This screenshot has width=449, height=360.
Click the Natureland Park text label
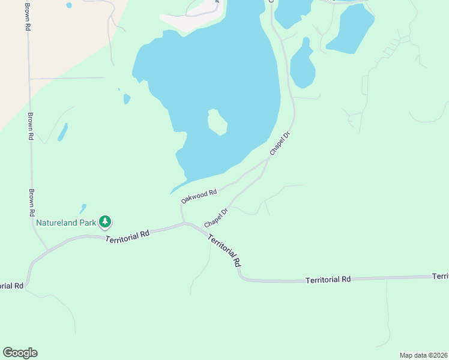(66, 223)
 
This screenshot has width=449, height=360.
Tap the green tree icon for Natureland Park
(106, 222)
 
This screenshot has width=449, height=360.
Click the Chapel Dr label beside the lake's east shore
(280, 145)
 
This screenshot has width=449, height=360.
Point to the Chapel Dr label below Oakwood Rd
(216, 218)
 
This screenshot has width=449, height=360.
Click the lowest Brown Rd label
(31, 203)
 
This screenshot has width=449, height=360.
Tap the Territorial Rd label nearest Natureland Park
(127, 236)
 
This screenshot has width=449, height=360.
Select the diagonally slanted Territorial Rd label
(224, 250)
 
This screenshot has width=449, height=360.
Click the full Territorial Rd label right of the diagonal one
(328, 280)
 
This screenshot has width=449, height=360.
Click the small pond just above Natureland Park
(82, 209)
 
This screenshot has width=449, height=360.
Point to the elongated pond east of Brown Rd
(62, 132)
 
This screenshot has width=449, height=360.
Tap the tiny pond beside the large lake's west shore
(127, 98)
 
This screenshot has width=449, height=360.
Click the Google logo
(20, 353)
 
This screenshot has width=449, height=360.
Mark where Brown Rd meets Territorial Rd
(47, 250)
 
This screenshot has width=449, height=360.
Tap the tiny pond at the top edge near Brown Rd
(68, 5)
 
